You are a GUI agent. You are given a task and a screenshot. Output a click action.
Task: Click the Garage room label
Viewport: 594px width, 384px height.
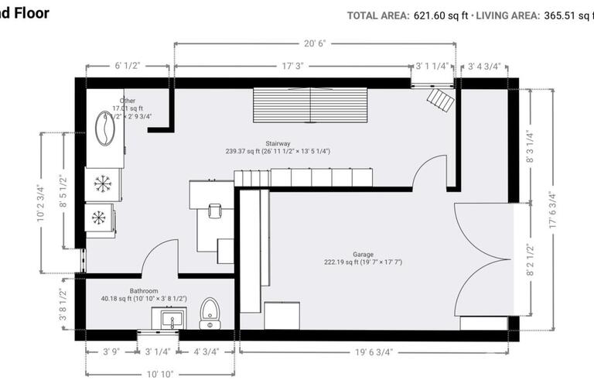click(364, 254)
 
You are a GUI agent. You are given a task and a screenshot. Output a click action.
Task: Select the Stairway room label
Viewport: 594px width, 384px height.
click(278, 143)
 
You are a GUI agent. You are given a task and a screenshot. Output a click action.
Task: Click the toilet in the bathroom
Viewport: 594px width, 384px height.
click(210, 314)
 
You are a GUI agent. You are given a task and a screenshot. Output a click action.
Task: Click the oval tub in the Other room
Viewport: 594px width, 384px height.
click(104, 129)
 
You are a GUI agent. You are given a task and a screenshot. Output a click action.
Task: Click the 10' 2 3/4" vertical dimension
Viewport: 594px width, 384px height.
click(40, 204)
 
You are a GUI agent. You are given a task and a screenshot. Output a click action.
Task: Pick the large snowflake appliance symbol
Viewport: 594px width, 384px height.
click(102, 183)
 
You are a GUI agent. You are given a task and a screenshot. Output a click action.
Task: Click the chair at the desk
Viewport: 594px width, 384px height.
click(214, 209)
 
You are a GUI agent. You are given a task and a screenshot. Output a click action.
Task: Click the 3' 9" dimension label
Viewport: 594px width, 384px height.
click(111, 351)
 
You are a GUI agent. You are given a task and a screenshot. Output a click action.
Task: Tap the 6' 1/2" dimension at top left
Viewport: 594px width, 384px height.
click(127, 67)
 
